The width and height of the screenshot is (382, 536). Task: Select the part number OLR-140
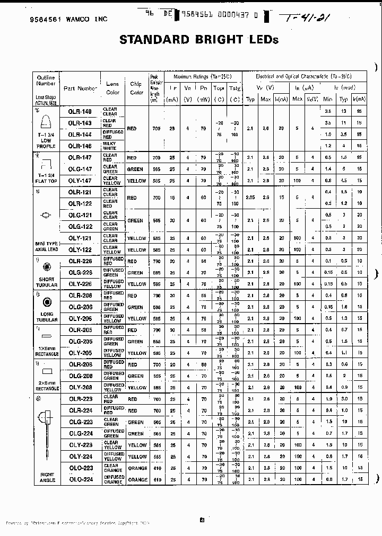[80, 111]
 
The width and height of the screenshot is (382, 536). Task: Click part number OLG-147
[80, 169]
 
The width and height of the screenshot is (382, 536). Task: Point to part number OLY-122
[80, 249]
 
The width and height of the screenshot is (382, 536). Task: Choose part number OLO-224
[80, 479]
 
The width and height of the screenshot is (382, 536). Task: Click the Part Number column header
[80, 88]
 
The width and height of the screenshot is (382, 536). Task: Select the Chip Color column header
[136, 88]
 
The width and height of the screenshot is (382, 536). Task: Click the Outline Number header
[46, 81]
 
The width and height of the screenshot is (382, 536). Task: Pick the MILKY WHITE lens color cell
[110, 146]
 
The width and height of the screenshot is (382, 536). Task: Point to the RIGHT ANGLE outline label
[47, 477]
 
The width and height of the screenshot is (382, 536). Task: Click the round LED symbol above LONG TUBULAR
[47, 302]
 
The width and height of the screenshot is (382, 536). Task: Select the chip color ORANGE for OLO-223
[137, 468]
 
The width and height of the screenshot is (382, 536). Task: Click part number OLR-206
[80, 296]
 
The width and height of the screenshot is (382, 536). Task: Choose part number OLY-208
[80, 387]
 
